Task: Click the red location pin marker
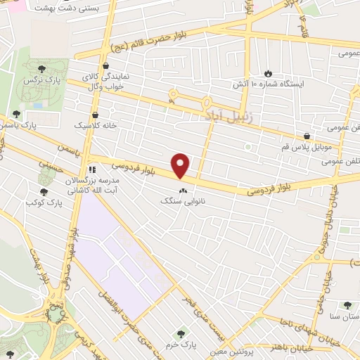[x=181, y=165]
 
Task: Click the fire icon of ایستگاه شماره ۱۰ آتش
[x=268, y=73]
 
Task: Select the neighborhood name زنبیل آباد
[x=223, y=112]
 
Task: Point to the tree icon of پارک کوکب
[x=44, y=191]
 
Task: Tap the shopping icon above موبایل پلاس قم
[x=307, y=136]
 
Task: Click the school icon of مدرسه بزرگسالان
[x=91, y=169]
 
